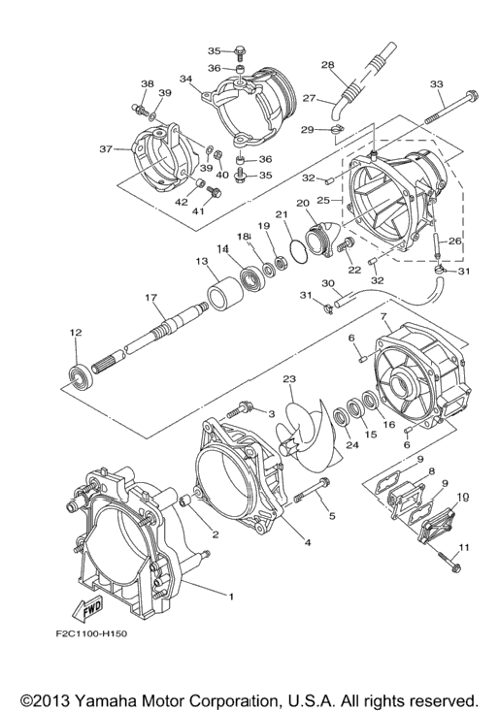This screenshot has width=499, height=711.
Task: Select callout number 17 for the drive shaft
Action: click(x=150, y=298)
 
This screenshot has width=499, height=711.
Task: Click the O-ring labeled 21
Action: click(x=298, y=250)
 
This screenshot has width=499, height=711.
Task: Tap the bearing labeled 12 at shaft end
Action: click(x=82, y=375)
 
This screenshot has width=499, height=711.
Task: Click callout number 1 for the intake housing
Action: click(x=231, y=597)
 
